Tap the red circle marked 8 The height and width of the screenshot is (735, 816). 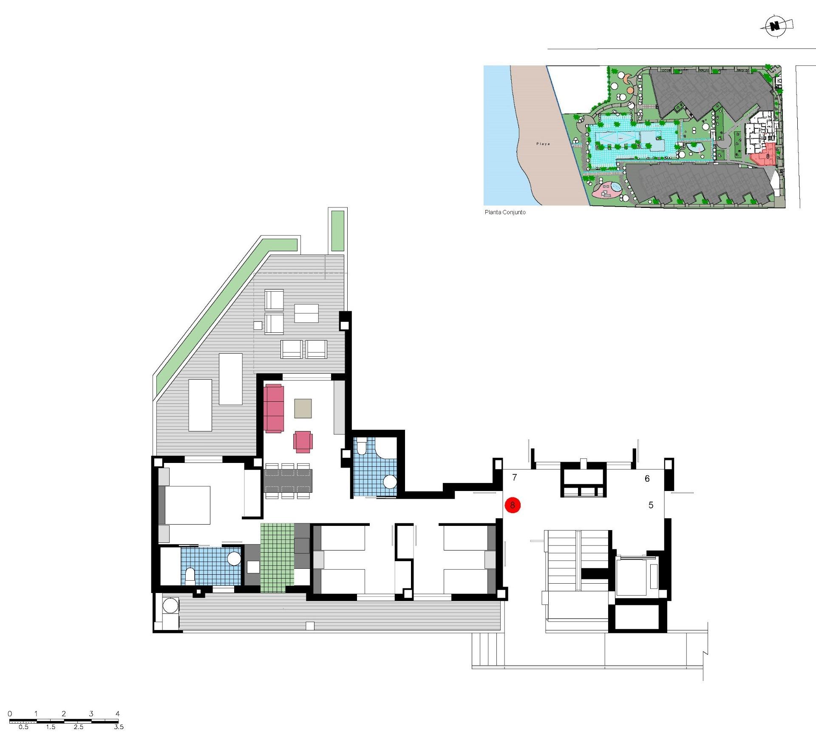pos(513,505)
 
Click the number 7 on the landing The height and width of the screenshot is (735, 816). pos(514,477)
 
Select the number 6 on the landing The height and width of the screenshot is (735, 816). pos(647,479)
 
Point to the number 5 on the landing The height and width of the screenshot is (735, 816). pos(651,505)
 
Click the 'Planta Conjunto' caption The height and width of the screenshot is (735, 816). pos(505,212)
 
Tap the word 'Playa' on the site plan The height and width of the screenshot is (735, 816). pos(543,144)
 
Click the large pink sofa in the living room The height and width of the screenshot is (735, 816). pos(274,408)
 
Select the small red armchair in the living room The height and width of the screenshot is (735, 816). pos(303,441)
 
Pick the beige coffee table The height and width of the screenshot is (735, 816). pos(303,408)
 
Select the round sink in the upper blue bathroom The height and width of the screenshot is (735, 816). pos(389,482)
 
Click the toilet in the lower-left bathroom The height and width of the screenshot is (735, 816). pos(190,576)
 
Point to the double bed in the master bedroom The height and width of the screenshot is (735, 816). pos(187,505)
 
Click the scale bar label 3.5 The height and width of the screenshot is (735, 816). pos(119,726)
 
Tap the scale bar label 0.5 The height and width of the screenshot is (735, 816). pos(23,726)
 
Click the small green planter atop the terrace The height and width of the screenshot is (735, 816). pos(337,230)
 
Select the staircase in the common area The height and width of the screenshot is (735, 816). pos(563,561)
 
